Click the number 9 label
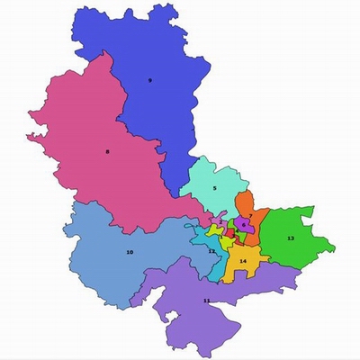coord(150,81)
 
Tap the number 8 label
coord(107,151)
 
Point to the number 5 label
coord(214,188)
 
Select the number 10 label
coord(130,253)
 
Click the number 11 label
coord(207,300)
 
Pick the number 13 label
coord(290,238)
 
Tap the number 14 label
coord(242,261)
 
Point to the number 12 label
coord(211,252)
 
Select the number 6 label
coord(243,224)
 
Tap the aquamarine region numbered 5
coord(216,175)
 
